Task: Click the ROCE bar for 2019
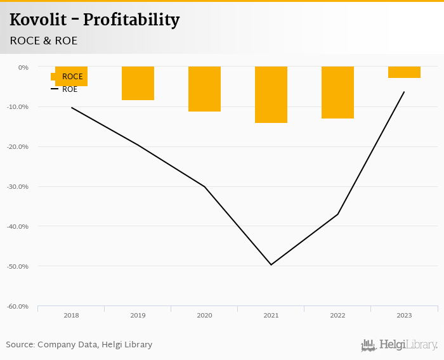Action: (x=138, y=83)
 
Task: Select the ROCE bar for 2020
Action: (x=204, y=89)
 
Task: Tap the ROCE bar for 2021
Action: (x=271, y=94)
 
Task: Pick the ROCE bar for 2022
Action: (x=337, y=93)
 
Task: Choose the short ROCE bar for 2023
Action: (x=404, y=72)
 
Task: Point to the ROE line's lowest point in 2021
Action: (x=271, y=264)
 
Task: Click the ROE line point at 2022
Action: (x=337, y=214)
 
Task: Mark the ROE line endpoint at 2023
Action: (x=404, y=92)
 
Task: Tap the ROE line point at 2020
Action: (x=204, y=186)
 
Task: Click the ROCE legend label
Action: (x=72, y=77)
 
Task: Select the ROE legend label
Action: (x=70, y=89)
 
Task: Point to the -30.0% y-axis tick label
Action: (x=18, y=186)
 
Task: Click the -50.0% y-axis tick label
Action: (x=18, y=266)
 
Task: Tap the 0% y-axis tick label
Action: (x=23, y=67)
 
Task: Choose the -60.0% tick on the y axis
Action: (x=18, y=306)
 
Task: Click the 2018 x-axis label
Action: (x=71, y=315)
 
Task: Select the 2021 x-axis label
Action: (x=271, y=315)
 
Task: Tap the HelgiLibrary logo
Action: (x=400, y=345)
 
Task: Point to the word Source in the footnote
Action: (x=20, y=345)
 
